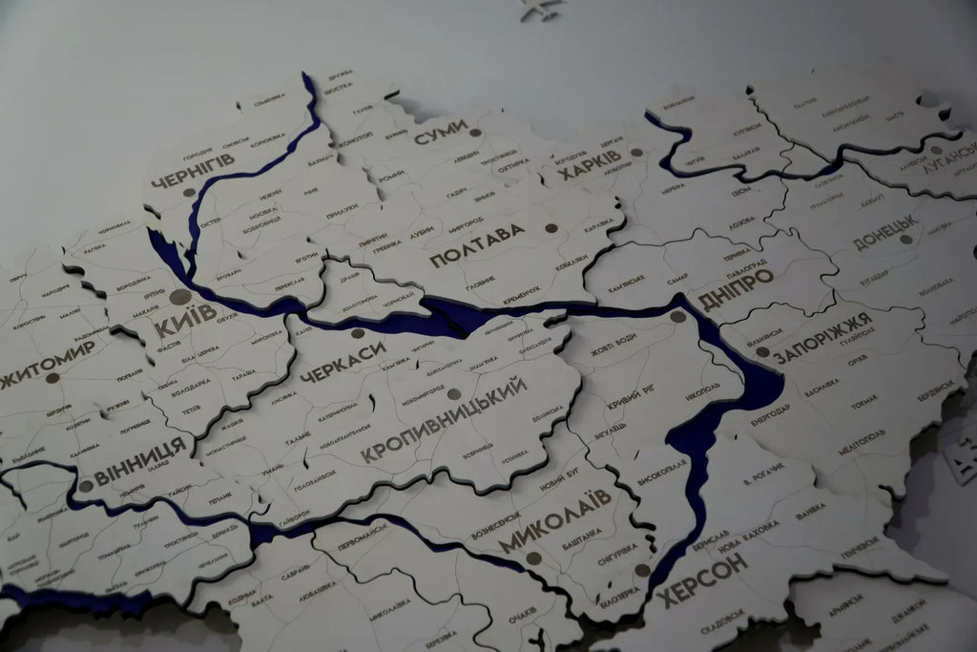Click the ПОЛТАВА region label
(477, 245)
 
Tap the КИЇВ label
(184, 320)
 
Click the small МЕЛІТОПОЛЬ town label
(862, 442)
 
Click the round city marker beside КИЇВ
(179, 297)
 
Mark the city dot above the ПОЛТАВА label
(551, 229)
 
